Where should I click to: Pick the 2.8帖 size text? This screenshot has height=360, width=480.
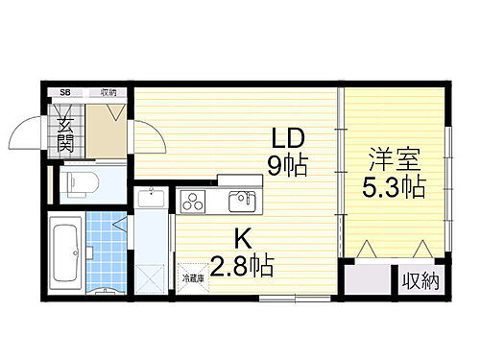click(242, 264)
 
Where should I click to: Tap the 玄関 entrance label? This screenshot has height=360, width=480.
click(65, 134)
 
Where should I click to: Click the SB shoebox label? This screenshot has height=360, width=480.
click(65, 93)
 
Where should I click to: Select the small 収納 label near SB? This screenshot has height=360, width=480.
click(108, 93)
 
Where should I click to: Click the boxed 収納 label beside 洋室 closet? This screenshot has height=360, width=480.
click(420, 281)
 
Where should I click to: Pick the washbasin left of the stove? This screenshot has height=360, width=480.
click(152, 200)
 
